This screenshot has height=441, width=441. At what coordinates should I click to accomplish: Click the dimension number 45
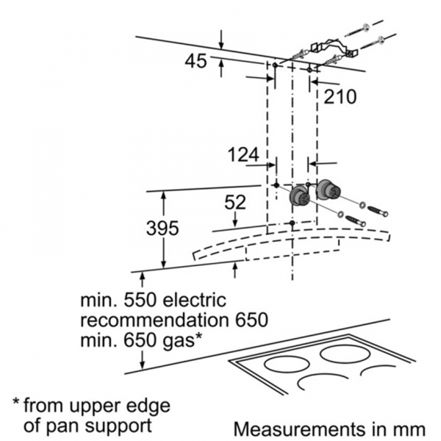pyautogui.click(x=196, y=61)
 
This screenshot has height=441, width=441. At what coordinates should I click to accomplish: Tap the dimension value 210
pyautogui.click(x=340, y=97)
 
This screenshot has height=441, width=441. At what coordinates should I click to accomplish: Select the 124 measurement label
pyautogui.click(x=243, y=155)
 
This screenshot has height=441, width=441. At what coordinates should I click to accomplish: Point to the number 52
pyautogui.click(x=235, y=202)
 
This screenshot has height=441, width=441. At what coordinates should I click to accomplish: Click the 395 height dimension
pyautogui.click(x=162, y=228)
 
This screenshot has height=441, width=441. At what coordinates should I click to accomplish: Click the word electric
pyautogui.click(x=195, y=301)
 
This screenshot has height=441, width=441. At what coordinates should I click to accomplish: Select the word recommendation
pyautogui.click(x=154, y=320)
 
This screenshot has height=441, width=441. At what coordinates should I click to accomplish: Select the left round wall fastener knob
pyautogui.click(x=299, y=196)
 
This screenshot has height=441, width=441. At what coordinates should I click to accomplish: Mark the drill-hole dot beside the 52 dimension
pyautogui.click(x=293, y=223)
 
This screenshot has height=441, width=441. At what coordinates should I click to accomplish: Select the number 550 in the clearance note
pyautogui.click(x=140, y=301)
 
